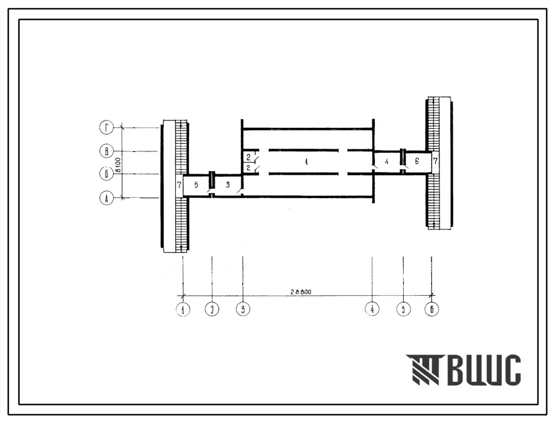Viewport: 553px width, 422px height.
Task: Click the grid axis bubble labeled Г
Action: coord(106,128)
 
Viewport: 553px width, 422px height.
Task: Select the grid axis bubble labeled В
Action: coord(106,152)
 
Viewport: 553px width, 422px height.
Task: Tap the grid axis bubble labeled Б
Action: coord(106,174)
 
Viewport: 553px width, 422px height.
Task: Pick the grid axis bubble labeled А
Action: coord(106,198)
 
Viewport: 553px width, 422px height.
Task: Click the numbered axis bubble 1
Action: coord(183,309)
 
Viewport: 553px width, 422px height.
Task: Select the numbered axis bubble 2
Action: coord(212,309)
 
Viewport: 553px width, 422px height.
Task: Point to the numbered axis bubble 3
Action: coord(243,309)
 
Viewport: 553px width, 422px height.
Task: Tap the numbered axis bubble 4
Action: coord(372,309)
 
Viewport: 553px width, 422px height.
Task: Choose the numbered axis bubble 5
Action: coord(403,309)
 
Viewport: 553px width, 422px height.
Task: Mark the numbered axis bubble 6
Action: coord(432,309)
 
